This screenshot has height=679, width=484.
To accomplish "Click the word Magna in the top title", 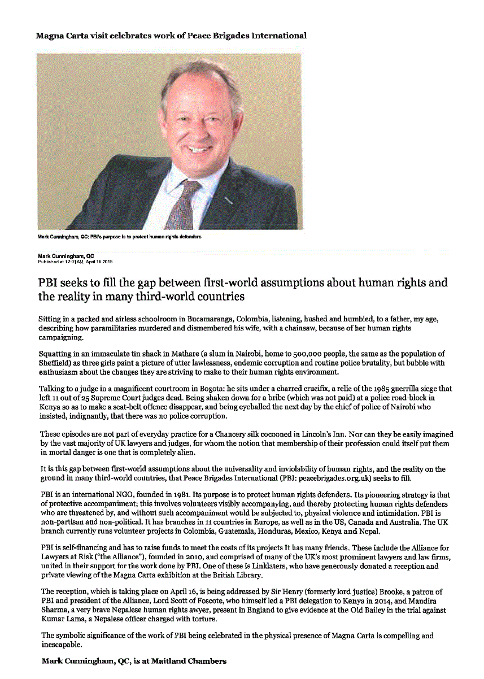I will tap(49, 36).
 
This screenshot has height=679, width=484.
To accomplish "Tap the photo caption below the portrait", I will tap(119, 236).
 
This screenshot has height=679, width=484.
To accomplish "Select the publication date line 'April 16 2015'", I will tap(95, 262).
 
